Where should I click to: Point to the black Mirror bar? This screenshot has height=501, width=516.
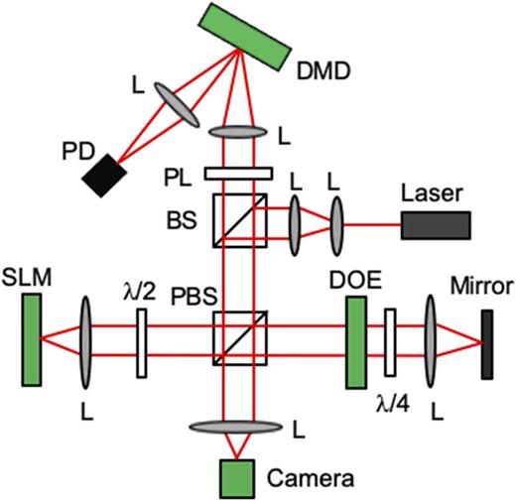[485, 344]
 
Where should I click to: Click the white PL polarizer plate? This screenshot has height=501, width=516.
[238, 175]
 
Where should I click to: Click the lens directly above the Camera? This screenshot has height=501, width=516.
[238, 426]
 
